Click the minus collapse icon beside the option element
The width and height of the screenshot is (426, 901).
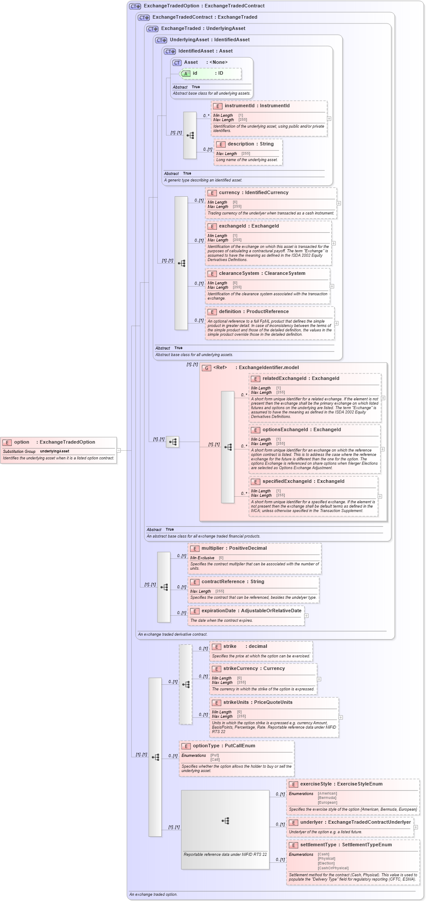click(x=119, y=450)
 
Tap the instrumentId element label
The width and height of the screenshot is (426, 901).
click(x=256, y=106)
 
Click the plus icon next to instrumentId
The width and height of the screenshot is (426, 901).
click(x=329, y=119)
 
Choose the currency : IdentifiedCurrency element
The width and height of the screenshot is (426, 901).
click(x=253, y=192)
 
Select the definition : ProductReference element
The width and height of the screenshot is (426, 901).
click(x=253, y=311)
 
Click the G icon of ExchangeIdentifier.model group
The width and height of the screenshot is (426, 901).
click(x=207, y=368)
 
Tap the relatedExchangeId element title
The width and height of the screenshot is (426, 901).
click(x=300, y=378)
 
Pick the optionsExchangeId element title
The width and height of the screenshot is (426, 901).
click(x=301, y=429)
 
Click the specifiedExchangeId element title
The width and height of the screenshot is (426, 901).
click(x=303, y=481)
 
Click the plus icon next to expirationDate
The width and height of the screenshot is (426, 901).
click(x=306, y=616)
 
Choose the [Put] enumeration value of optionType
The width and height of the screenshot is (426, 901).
click(x=215, y=755)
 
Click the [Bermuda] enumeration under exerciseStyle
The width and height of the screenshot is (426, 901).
click(x=327, y=798)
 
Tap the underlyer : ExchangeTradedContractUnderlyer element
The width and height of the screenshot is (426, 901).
click(x=355, y=822)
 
